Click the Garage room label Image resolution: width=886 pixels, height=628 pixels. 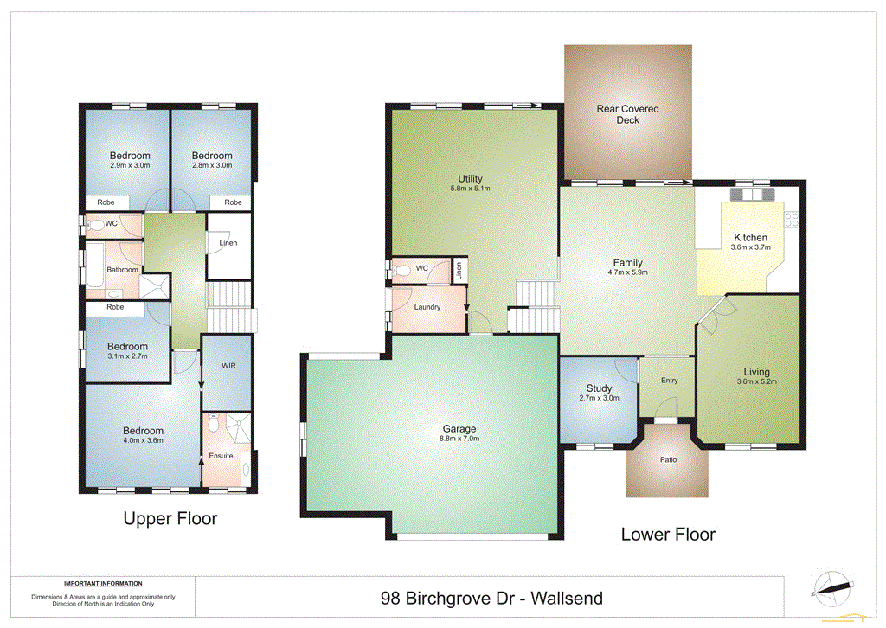tap(459, 428)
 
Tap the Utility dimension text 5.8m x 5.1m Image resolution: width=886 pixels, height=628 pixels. tap(470, 188)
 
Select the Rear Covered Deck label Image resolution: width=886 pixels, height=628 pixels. tap(628, 114)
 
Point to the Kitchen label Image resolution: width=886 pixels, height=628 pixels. tap(750, 238)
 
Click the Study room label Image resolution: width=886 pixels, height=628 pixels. tap(599, 388)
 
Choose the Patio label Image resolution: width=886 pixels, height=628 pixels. tap(668, 459)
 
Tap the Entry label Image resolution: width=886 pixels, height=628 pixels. tap(669, 380)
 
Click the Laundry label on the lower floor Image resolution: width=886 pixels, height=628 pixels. tap(427, 307)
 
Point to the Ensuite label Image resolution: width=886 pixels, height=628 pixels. tap(221, 456)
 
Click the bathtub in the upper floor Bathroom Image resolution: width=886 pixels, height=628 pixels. tap(93, 265)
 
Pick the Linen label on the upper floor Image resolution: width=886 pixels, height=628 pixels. tap(228, 243)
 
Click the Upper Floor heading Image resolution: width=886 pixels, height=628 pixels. tap(170, 519)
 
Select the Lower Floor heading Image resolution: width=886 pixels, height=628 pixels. tap(668, 534)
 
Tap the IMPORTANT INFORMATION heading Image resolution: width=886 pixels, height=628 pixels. tap(103, 584)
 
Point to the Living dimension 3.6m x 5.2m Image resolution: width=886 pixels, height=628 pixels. tap(750, 381)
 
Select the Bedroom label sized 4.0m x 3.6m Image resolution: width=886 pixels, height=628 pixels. tap(143, 431)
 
